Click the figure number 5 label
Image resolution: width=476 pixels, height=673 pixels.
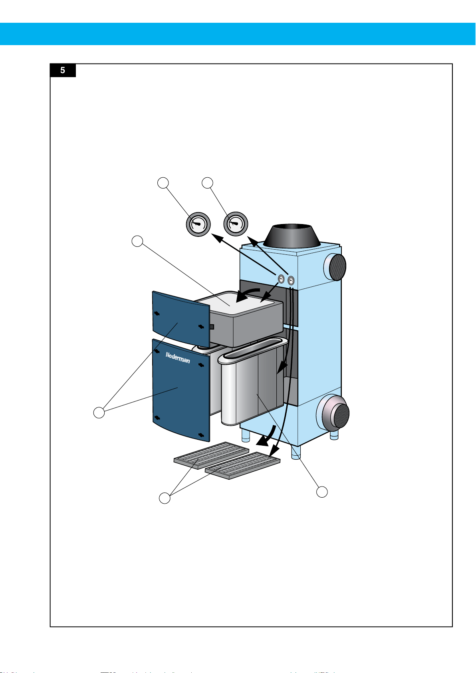(63, 71)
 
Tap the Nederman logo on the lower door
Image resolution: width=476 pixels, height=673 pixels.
(178, 357)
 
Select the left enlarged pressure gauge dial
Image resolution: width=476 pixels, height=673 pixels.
(198, 224)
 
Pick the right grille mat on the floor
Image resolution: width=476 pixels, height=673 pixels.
(243, 466)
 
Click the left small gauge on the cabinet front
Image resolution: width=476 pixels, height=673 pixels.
(281, 279)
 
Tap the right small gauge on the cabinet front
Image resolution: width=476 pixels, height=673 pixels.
(291, 280)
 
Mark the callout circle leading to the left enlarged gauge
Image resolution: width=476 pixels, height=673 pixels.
(163, 183)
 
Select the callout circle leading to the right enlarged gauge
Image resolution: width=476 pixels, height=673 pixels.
(207, 183)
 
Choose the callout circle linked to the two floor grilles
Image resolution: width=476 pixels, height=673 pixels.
(165, 498)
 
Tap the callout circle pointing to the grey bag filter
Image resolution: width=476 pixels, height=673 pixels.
(322, 492)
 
